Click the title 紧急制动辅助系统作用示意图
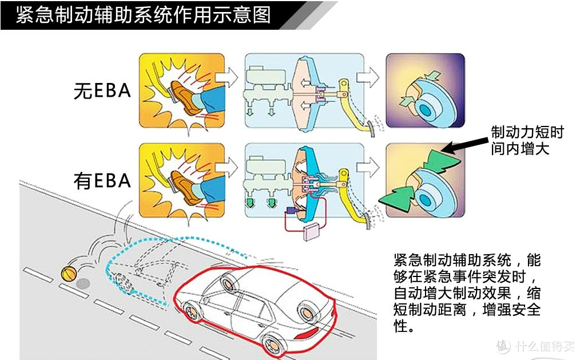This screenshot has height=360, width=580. (143, 15)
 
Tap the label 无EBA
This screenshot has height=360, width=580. (102, 91)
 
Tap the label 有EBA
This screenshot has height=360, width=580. (102, 181)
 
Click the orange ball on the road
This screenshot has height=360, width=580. (68, 274)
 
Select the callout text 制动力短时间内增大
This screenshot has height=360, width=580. (527, 141)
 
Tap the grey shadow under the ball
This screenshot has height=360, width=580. (84, 283)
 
